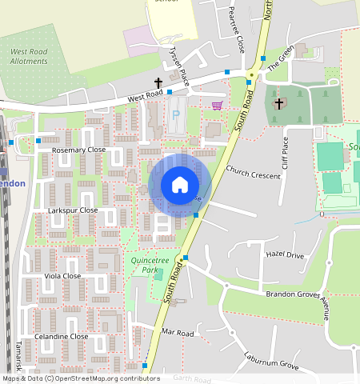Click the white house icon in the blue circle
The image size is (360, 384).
pos(180,185)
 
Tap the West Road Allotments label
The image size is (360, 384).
pos(30,57)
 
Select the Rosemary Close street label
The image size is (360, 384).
pos(78,150)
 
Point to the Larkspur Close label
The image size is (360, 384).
pos(73,210)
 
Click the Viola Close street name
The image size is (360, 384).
pos(62,276)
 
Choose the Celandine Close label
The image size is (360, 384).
pos(62,337)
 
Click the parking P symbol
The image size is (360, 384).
pos(176,115)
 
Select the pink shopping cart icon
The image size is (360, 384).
pos(217,105)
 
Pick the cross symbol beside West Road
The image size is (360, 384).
pos(158,83)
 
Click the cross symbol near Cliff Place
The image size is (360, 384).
pos(278,103)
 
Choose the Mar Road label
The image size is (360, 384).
pos(178,332)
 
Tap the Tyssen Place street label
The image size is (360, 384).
pos(179,66)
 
